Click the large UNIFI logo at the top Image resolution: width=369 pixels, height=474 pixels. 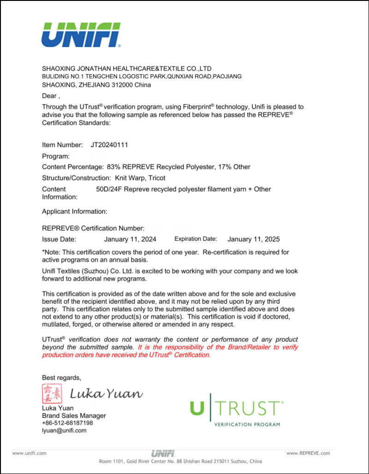81,34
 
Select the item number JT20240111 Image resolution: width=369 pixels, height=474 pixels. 109,145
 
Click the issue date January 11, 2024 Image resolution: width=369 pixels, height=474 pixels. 130,239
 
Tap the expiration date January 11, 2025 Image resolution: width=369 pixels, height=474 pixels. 254,239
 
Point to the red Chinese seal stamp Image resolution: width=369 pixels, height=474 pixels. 51,393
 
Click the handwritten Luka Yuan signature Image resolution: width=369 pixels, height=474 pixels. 106,394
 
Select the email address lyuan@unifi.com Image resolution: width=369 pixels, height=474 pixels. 64,431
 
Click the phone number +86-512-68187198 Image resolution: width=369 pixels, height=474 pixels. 67,423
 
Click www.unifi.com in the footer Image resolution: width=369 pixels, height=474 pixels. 29,453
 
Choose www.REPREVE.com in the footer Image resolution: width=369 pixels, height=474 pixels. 309,453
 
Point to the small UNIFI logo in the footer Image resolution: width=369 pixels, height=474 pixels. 162,453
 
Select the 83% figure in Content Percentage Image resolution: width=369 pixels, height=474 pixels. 113,167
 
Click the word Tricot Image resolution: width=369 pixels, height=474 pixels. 156,178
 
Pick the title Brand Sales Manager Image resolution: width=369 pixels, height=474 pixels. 74,415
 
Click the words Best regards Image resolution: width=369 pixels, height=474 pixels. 61,378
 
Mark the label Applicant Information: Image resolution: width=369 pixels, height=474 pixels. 75,211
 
